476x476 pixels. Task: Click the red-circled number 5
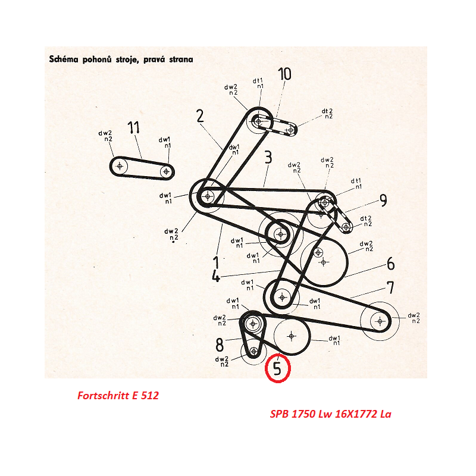pyautogui.click(x=277, y=368)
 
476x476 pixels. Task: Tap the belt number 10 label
pyautogui.click(x=285, y=74)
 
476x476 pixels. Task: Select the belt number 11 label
pyautogui.click(x=133, y=127)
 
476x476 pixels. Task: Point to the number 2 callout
pyautogui.click(x=200, y=116)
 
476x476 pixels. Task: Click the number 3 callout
pyautogui.click(x=268, y=157)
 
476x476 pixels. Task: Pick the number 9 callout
pyautogui.click(x=383, y=201)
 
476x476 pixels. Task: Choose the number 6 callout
pyautogui.click(x=391, y=263)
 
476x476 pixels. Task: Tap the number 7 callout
pyautogui.click(x=391, y=287)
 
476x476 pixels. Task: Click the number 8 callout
pyautogui.click(x=220, y=345)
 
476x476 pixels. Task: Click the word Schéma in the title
pyautogui.click(x=64, y=59)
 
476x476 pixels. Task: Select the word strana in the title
pyautogui.click(x=181, y=59)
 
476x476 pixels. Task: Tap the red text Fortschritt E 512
pyautogui.click(x=118, y=396)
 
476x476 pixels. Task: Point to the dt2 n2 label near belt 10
pyautogui.click(x=327, y=114)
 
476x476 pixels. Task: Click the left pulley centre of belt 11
pyautogui.click(x=120, y=166)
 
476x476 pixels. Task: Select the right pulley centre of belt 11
pyautogui.click(x=166, y=171)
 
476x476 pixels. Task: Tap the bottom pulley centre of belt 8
pyautogui.click(x=254, y=352)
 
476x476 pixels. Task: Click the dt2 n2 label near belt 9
pyautogui.click(x=366, y=221)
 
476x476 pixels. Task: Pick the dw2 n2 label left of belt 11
pyautogui.click(x=105, y=136)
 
